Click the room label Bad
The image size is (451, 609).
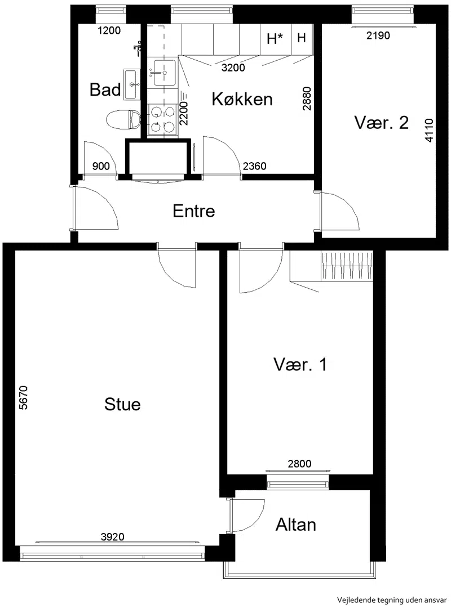point(105,89)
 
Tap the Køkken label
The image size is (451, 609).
point(242,99)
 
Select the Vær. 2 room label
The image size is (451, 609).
point(381,123)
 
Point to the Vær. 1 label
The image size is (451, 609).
point(300,365)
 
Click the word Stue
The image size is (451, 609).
point(122,404)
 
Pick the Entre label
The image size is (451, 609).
point(193,211)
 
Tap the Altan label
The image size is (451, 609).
point(296,525)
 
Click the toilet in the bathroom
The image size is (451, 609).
point(123,119)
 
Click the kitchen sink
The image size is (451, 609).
point(165,72)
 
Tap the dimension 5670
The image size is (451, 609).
point(23,397)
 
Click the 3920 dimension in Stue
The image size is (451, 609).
point(112,537)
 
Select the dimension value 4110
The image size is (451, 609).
point(428,131)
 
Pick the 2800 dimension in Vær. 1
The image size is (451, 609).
point(299,463)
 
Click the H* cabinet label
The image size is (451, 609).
point(275,38)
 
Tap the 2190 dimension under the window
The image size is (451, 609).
point(378,35)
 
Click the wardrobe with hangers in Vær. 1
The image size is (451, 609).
point(347,266)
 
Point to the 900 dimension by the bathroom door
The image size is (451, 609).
point(101,166)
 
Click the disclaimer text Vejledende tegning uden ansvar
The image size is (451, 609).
point(392,599)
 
